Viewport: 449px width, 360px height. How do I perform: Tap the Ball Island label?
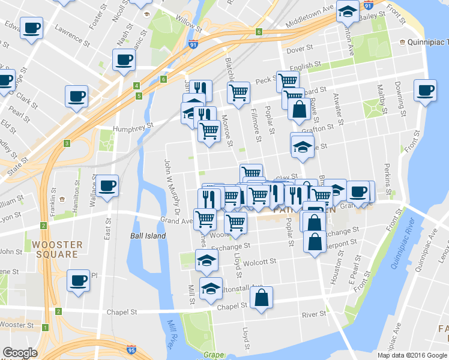[x=148, y=236]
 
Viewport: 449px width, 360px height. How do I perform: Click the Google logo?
[x=20, y=353]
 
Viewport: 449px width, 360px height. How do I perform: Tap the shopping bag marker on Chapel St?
[x=261, y=298]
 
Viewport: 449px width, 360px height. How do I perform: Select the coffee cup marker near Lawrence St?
[x=31, y=28]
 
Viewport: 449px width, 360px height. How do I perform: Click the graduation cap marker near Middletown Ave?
[x=347, y=11]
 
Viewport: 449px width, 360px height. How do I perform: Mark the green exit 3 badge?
[x=67, y=143]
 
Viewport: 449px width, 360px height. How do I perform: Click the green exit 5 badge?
[x=139, y=95]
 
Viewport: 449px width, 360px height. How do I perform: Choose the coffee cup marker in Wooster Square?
[x=78, y=280]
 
